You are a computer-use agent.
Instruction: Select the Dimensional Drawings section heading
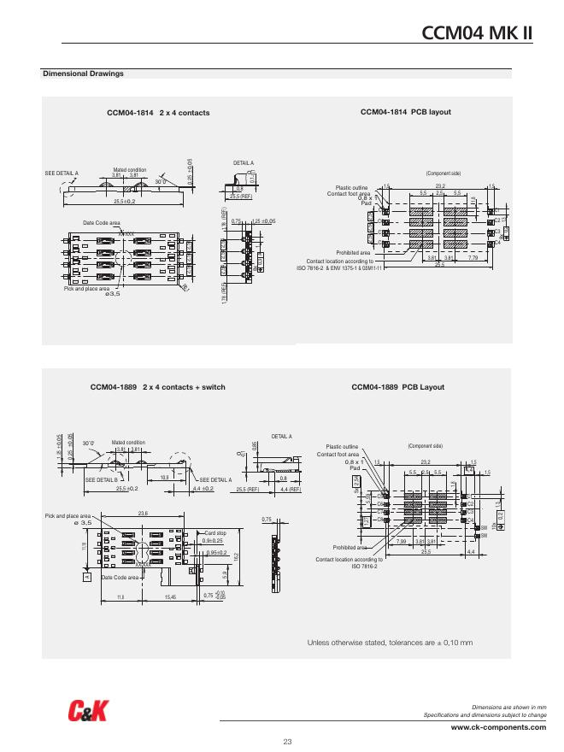click(83, 73)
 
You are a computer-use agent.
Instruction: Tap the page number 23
click(287, 740)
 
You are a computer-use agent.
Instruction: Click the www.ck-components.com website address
click(498, 726)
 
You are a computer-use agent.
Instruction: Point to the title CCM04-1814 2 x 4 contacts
click(158, 113)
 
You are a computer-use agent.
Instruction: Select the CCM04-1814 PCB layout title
click(405, 112)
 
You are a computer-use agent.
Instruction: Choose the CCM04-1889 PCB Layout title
click(398, 387)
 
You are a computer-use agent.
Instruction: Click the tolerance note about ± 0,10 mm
click(390, 642)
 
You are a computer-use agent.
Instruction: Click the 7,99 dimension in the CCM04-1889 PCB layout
click(402, 541)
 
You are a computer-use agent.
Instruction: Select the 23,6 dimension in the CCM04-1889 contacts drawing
click(142, 513)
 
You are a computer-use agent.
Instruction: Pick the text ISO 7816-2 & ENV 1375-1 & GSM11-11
click(341, 267)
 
